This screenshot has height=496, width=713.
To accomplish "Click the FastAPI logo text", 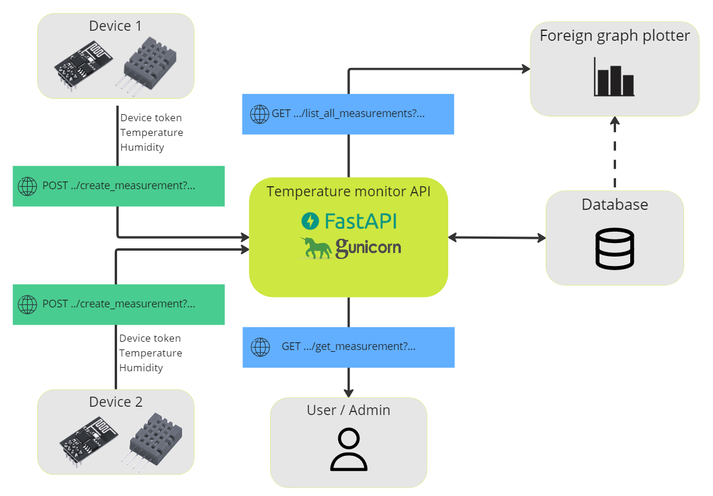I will [359, 221].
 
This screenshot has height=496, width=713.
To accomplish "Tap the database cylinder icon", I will [615, 249].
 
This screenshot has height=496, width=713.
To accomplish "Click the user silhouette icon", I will [348, 450].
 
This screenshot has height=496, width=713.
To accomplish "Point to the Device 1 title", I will [116, 26].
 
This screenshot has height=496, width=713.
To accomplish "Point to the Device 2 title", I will [116, 402].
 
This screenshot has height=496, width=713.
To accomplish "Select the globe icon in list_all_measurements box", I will [260, 114].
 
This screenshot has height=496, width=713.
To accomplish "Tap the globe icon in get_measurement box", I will [260, 347].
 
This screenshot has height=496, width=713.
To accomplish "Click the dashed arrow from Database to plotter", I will [615, 153].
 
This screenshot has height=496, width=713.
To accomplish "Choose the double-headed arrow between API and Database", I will [497, 238].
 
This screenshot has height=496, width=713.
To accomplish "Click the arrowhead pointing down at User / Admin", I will [348, 392].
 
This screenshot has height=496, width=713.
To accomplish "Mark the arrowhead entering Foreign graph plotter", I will [524, 69].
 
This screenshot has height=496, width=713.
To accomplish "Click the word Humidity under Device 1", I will [142, 147].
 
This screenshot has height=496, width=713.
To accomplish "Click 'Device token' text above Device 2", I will [150, 338].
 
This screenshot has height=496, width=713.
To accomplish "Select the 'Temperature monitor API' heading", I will [348, 192].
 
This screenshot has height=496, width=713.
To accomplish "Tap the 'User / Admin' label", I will [348, 410].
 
